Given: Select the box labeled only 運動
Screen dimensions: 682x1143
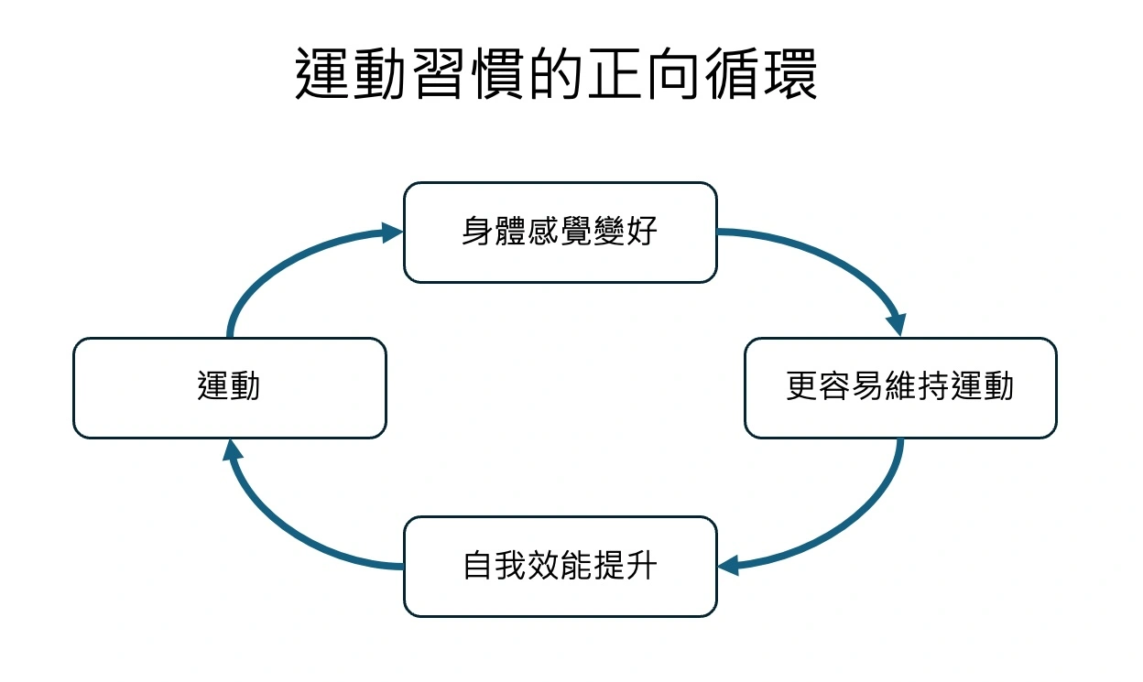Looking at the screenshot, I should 229,387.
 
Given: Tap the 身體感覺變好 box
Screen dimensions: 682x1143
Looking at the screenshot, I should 560,232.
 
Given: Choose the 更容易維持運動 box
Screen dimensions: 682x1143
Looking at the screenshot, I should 900,387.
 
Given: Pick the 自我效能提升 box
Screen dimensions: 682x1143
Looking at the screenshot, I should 560,566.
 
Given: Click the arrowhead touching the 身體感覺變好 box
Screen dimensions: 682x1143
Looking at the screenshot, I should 393,233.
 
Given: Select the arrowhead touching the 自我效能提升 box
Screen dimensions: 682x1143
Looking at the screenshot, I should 729,567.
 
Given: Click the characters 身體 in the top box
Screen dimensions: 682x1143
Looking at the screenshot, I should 494,232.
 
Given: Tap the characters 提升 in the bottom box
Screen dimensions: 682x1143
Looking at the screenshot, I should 625,566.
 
